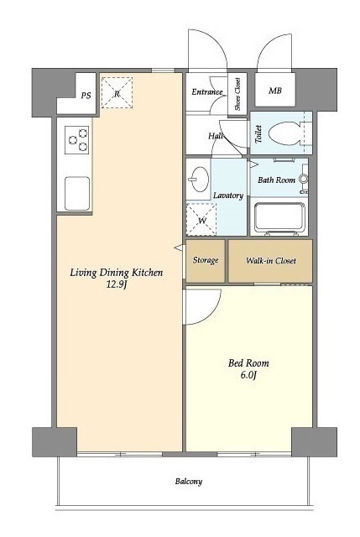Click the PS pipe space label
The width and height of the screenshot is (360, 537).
[86, 95]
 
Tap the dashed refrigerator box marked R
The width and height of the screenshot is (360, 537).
[117, 93]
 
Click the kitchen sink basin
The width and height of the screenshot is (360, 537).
[77, 193]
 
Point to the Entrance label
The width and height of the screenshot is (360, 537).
[207, 91]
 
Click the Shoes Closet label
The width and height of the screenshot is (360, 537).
[237, 94]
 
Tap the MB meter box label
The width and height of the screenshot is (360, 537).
[275, 91]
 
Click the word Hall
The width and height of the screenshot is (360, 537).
[216, 136]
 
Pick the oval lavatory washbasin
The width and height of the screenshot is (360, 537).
[199, 179]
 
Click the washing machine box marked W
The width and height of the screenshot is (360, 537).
[201, 219]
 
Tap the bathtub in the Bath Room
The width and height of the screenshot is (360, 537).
[279, 218]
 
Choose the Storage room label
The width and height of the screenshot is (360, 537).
[206, 260]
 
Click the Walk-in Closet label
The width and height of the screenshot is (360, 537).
[271, 261]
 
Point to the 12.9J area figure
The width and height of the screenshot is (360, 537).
[117, 284]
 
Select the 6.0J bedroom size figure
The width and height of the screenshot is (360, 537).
[248, 375]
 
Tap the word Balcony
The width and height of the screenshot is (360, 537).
[189, 482]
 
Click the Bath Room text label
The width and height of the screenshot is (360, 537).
[276, 180]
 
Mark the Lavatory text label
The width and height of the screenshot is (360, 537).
[228, 196]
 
